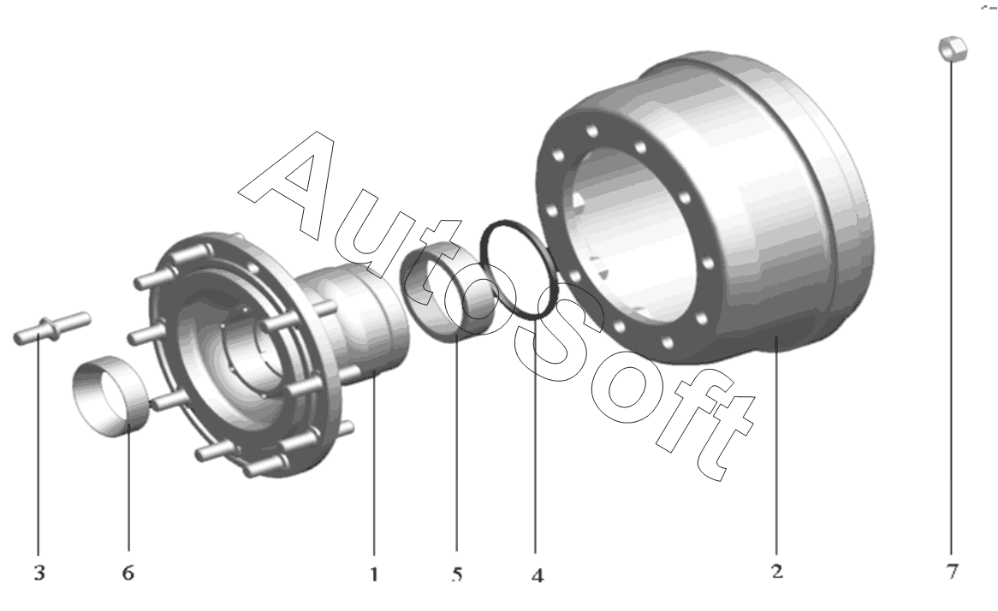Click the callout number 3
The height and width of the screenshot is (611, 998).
click(39, 572)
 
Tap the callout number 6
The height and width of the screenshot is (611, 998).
click(128, 572)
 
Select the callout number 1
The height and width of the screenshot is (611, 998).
click(374, 574)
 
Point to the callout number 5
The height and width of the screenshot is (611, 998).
click(457, 574)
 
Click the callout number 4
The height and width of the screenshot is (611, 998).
click(538, 575)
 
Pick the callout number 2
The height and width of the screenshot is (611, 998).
click(777, 571)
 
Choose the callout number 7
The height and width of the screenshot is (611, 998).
click(952, 571)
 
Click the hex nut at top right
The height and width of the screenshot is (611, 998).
click(953, 49)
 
